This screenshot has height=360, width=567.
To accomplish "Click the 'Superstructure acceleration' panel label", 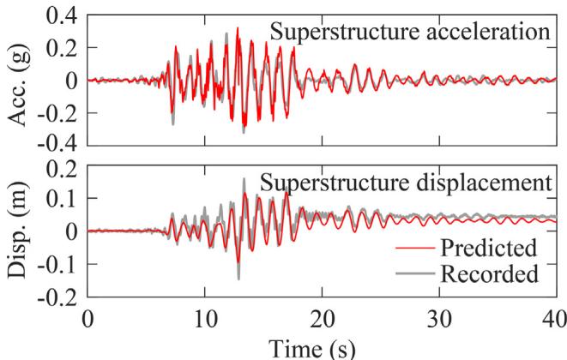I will [x=408, y=33].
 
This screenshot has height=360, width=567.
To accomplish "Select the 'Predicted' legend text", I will [x=486, y=249].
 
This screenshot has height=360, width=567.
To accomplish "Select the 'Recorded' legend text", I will [x=486, y=275].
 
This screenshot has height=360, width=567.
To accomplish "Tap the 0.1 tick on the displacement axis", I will [x=61, y=199].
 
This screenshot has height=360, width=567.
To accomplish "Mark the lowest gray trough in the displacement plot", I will [x=238, y=278].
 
